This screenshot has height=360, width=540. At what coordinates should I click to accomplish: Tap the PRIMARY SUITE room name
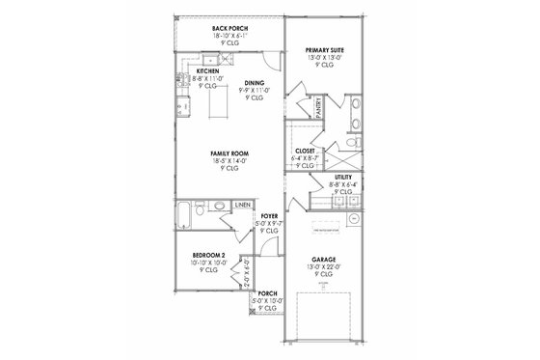[x=325, y=48]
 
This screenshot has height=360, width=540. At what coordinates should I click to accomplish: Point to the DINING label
[x=255, y=83]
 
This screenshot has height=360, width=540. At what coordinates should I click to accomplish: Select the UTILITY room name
[x=342, y=179]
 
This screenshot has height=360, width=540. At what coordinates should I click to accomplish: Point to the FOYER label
[x=269, y=217]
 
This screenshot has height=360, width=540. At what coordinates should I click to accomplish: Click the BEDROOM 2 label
[x=209, y=255]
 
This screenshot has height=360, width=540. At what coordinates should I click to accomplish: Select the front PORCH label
[x=268, y=293]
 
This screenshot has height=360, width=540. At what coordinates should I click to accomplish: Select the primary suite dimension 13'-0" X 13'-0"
[x=325, y=56]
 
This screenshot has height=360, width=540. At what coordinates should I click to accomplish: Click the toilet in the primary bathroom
[x=353, y=142]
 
